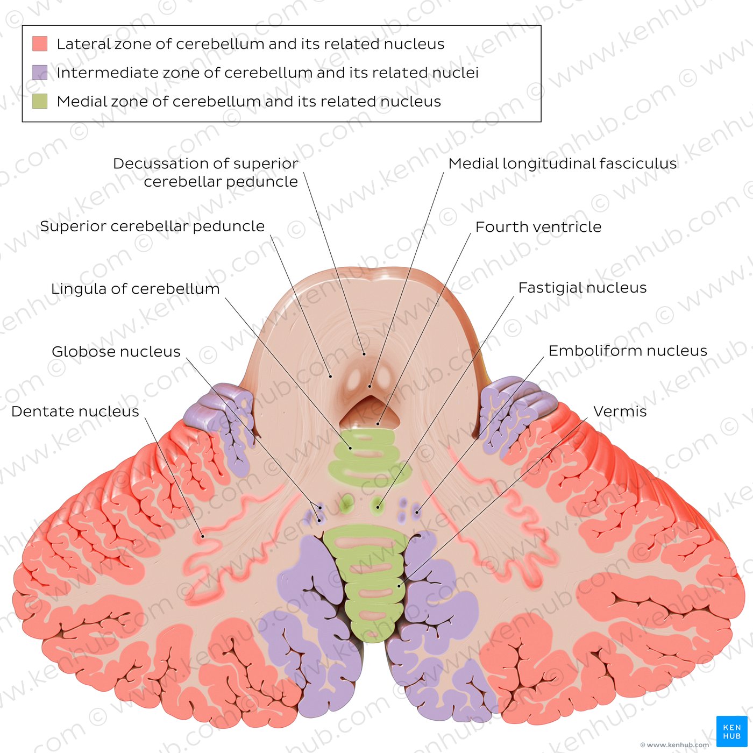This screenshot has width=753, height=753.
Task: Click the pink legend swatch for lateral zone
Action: tap(40, 44)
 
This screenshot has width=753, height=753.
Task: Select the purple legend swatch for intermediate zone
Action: tap(40, 73)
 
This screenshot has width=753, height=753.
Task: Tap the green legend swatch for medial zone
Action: tap(40, 101)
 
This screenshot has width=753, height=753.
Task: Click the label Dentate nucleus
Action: tap(75, 411)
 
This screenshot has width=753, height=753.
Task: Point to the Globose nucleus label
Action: tap(116, 352)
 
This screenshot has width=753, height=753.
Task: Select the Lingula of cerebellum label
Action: tap(135, 289)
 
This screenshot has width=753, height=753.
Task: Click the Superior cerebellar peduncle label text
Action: tap(152, 226)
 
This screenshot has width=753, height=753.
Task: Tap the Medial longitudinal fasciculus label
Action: tap(562, 164)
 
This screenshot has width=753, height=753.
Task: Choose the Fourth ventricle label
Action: tap(538, 227)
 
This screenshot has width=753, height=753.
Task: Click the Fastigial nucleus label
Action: tap(582, 288)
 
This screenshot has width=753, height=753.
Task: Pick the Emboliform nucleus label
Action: tap(628, 351)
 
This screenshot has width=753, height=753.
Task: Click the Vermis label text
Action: tap(620, 411)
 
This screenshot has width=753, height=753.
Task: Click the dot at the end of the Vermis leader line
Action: tap(399, 586)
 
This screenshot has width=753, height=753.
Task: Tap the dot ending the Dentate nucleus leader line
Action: tap(203, 536)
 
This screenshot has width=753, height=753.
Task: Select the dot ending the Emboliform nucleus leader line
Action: tap(417, 512)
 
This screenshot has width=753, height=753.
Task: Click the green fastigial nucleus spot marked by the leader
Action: tap(378, 507)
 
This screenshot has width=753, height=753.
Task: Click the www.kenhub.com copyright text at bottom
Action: tap(675, 745)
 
